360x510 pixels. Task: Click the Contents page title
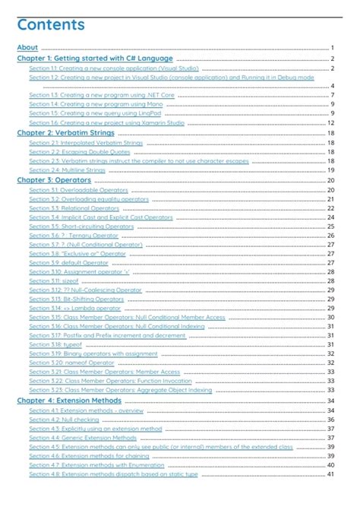pos(51,26)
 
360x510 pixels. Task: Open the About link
pos(27,47)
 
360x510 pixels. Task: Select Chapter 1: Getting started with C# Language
pos(95,59)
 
